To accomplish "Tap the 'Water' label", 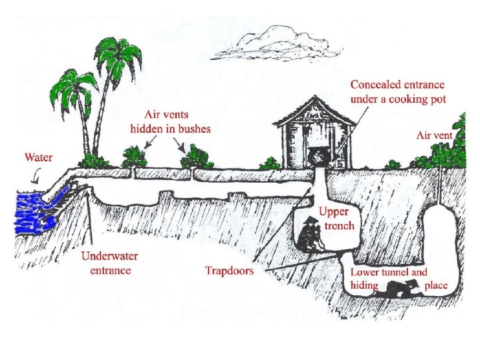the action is (39, 158).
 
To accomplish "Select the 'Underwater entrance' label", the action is (106, 263).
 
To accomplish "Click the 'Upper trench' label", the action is (335, 219).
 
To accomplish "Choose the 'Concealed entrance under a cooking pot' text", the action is (398, 91).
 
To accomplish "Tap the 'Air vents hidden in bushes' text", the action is (170, 123).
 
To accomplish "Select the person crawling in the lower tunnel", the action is (399, 289).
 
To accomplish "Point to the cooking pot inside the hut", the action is (318, 158).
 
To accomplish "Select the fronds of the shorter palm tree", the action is (73, 87).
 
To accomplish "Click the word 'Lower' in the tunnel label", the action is (367, 272).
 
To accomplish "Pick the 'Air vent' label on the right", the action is (434, 135).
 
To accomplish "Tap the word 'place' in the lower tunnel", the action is (435, 285).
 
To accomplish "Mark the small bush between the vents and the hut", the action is (269, 163).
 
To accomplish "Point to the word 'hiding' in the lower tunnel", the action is (365, 285).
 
